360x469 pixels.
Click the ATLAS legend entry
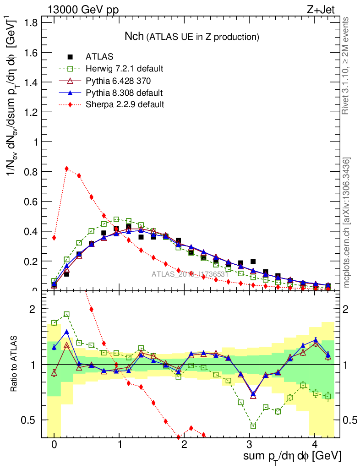(99, 57)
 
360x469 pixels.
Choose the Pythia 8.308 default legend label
(124, 93)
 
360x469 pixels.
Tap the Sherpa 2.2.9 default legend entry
(125, 104)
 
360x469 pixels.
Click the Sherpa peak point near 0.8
(67, 169)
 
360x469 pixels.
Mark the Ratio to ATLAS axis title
(15, 365)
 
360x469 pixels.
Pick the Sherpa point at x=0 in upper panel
(54, 238)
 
